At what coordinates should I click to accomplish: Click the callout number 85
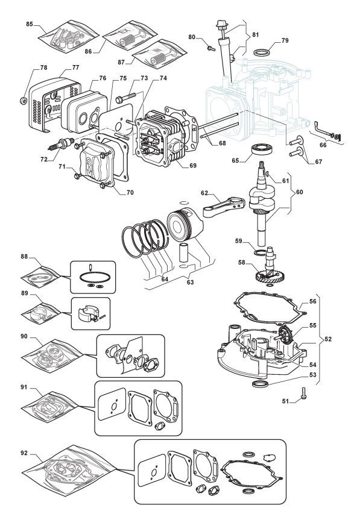30,24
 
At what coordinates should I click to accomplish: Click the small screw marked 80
211,49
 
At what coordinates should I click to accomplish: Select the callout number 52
328,339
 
